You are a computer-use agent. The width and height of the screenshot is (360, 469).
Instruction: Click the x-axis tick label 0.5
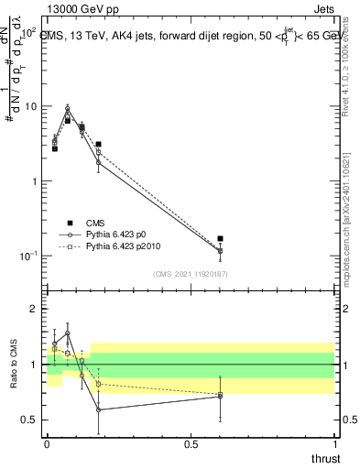191,445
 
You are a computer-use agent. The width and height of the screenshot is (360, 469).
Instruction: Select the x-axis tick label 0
47,445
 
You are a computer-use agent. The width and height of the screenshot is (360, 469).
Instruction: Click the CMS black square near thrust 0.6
220,238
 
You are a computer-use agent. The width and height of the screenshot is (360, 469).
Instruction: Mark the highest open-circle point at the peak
67,108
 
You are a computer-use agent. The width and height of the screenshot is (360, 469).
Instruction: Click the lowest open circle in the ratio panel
98,409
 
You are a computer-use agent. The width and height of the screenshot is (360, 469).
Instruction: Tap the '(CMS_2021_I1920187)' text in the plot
190,274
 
